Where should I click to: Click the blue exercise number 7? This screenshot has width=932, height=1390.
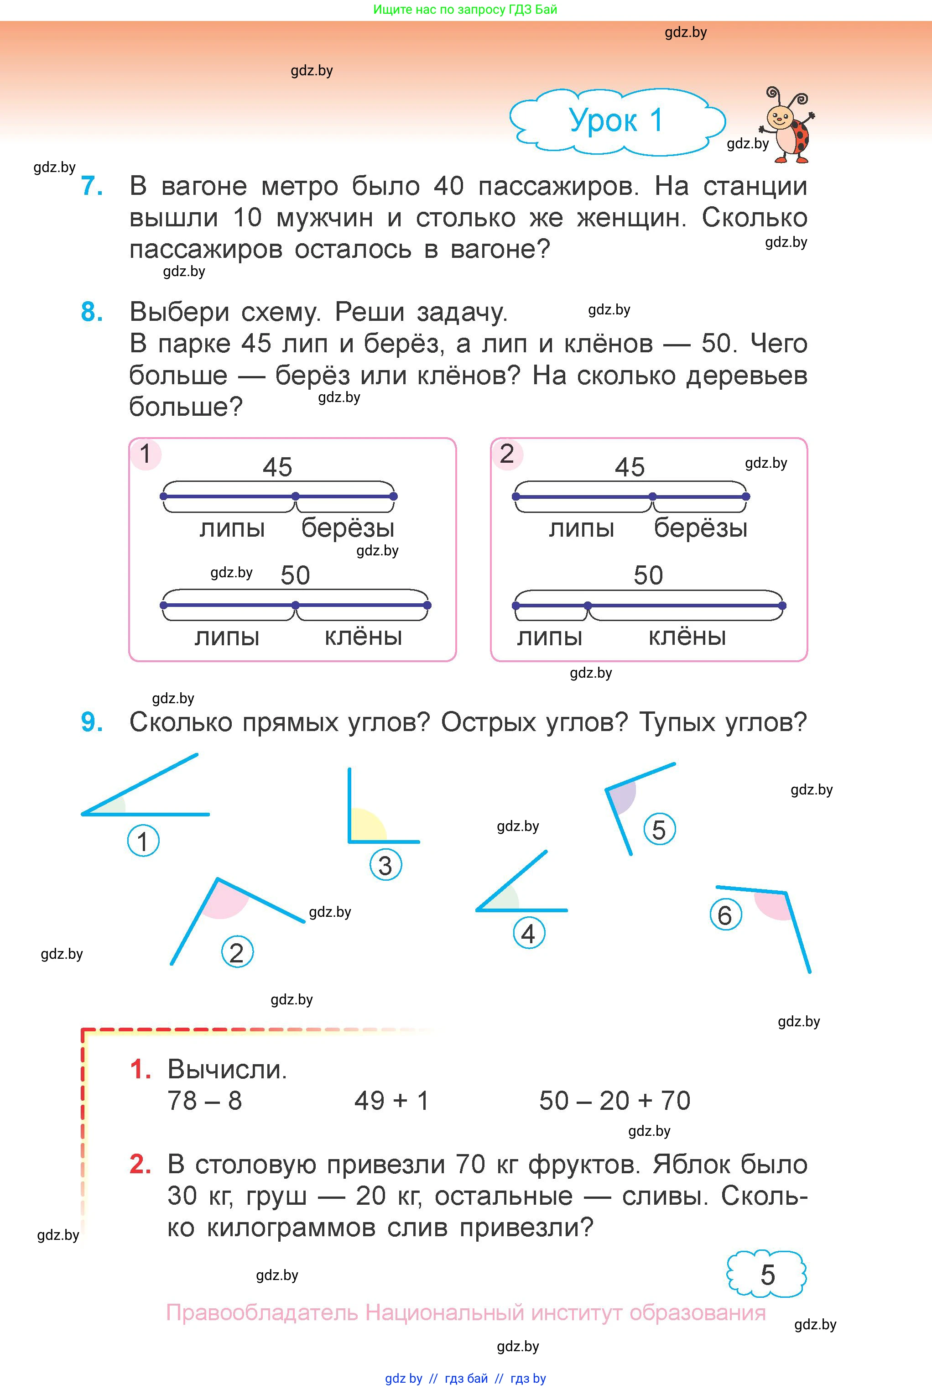pos(92,186)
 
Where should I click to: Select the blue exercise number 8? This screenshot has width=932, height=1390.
pos(92,312)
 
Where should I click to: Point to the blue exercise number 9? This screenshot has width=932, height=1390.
pos(92,722)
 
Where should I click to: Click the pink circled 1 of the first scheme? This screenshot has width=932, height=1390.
pos(146,454)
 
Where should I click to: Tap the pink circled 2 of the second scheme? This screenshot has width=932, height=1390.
pos(506,454)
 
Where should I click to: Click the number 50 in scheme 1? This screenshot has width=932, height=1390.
pos(296,575)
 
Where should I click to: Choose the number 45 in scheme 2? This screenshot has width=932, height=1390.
pos(630,467)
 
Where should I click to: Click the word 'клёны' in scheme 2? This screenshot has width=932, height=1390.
pos(687,637)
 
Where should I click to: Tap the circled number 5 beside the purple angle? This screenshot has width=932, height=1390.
pos(659,830)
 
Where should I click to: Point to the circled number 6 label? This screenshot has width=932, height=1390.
pos(725,915)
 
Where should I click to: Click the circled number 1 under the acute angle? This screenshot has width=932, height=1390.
pos(143,841)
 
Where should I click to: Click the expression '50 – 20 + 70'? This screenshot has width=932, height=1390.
pos(614,1101)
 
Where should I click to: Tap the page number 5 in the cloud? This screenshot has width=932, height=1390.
pos(767,1275)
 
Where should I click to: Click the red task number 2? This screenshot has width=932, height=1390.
pos(140,1164)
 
